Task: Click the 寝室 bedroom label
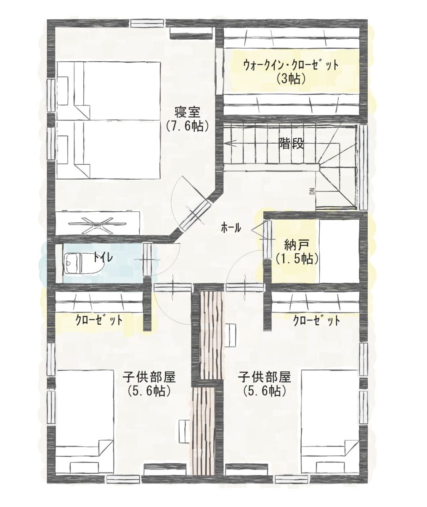187,113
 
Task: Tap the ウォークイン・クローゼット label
291,65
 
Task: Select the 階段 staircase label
291,144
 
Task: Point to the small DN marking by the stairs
312,192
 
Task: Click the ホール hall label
231,228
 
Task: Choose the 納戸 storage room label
297,246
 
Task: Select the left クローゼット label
99,320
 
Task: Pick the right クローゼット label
316,321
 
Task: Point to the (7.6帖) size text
187,126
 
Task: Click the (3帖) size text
291,79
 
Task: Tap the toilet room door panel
147,260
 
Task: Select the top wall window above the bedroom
148,23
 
